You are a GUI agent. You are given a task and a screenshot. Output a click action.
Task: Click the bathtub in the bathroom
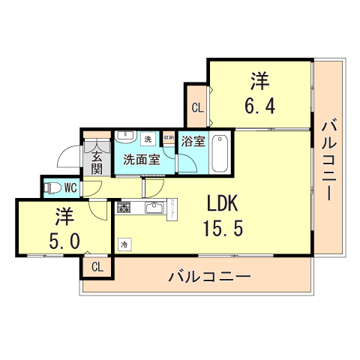pos(219,153)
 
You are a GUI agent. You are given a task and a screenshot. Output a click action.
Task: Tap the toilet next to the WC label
pos(50,187)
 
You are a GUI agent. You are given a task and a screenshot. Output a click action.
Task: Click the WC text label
pos(70,187)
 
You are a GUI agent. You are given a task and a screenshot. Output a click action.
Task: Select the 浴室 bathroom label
pos(192,139)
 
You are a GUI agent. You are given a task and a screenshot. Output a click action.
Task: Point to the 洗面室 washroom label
pos(141,160)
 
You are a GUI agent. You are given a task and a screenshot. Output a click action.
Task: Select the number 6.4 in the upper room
pos(259,104)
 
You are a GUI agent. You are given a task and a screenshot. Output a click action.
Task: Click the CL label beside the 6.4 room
pos(196,107)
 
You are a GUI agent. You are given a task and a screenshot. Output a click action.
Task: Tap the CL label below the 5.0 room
pos(98,267)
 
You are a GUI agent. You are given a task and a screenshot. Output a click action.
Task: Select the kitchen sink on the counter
pos(154,208)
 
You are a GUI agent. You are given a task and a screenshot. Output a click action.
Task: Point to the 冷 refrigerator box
pos(123,244)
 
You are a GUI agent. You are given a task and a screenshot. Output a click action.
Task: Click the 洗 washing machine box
pos(148,139)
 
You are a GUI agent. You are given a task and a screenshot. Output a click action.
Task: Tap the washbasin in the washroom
pos(125,138)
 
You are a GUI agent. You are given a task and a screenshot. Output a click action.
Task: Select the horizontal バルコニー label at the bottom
pos(209,276)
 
